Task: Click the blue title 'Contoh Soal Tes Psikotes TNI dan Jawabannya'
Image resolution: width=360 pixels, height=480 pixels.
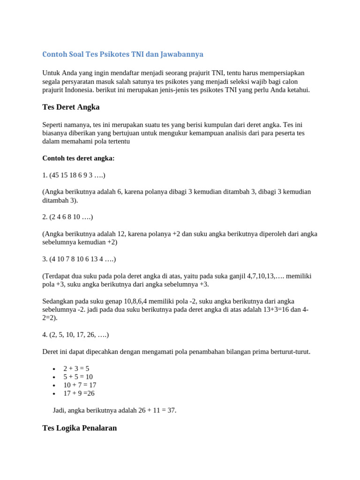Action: tap(123, 54)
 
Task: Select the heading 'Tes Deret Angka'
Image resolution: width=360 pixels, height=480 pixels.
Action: tap(71, 107)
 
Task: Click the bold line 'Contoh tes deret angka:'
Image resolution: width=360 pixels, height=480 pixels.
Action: tap(78, 158)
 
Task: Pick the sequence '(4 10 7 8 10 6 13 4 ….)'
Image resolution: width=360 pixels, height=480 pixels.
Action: tap(83, 259)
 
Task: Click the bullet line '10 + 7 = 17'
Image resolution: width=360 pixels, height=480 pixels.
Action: tap(80, 385)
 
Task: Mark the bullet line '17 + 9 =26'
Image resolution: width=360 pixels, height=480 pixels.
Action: tap(79, 393)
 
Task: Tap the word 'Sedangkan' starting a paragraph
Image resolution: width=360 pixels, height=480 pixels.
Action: tap(58, 301)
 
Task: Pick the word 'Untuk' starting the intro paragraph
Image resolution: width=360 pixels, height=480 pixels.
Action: tap(52, 73)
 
